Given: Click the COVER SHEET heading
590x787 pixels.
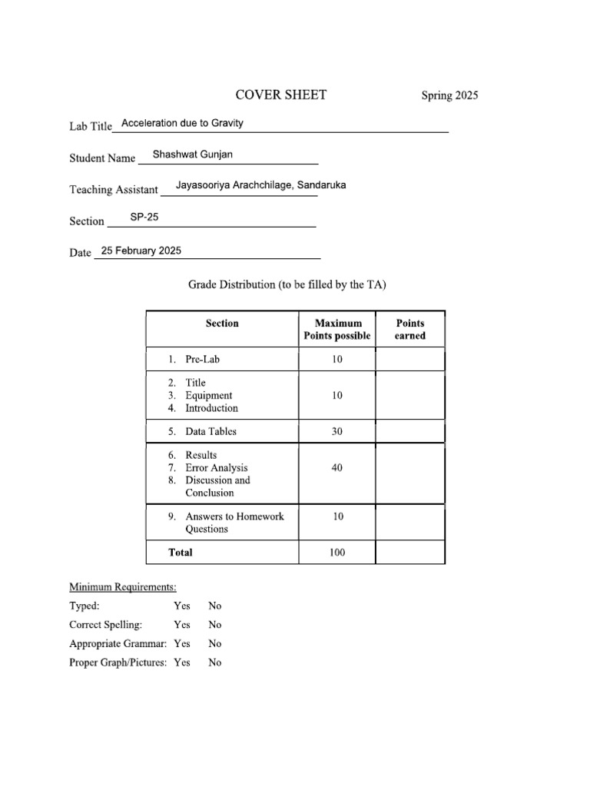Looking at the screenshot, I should (x=280, y=95).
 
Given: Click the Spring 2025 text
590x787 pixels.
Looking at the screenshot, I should (x=449, y=96).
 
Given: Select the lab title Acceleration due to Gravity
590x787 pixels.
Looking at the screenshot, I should (x=182, y=123).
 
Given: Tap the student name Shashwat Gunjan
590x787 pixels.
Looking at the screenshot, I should (x=192, y=154).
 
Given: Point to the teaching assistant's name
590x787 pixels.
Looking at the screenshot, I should (x=260, y=185).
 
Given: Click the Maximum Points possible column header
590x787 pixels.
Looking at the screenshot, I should (x=336, y=329).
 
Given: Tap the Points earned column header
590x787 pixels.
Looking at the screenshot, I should (x=409, y=329).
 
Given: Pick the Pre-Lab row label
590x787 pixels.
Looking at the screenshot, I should (x=202, y=359).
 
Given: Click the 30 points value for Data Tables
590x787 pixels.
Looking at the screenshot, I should (x=337, y=431).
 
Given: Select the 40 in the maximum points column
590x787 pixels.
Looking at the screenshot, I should (x=337, y=467).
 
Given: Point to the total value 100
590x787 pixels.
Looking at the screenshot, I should (x=337, y=552).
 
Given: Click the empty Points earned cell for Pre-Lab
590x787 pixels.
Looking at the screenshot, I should (x=409, y=359).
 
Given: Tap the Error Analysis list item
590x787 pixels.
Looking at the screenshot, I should (x=216, y=467).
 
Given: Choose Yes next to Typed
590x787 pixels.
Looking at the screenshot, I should (x=182, y=606).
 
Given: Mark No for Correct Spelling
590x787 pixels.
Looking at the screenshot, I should (x=215, y=625).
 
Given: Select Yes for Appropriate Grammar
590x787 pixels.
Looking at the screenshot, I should (x=182, y=643).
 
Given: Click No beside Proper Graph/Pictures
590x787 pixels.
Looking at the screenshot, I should (x=215, y=662).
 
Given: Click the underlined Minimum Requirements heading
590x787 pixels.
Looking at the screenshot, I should (x=123, y=587).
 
